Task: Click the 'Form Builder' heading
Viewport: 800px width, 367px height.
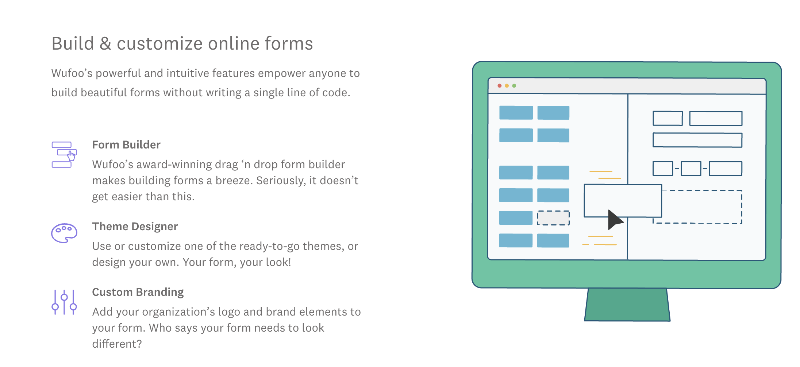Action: click(x=126, y=145)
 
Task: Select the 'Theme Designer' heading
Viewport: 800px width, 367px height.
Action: click(x=135, y=227)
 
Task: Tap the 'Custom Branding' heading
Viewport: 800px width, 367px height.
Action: click(x=138, y=292)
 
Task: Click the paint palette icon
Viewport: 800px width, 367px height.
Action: click(x=64, y=233)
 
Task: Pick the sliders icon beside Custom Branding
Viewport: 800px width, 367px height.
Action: click(x=64, y=302)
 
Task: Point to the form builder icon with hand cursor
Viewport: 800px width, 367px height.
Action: click(x=64, y=155)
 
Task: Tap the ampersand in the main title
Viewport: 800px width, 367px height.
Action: click(x=105, y=44)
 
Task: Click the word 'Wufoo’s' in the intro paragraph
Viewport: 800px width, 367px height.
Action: click(x=72, y=73)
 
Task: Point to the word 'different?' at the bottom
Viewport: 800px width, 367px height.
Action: click(x=117, y=344)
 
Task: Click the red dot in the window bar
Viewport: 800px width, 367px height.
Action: click(x=499, y=86)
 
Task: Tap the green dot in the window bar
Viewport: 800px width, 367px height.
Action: click(x=514, y=86)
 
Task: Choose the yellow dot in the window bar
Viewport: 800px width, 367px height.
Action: click(x=507, y=86)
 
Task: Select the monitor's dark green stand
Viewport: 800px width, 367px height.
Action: click(x=627, y=305)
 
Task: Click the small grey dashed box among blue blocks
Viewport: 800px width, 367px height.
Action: click(x=553, y=218)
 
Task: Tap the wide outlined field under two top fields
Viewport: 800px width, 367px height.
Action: click(x=697, y=140)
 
